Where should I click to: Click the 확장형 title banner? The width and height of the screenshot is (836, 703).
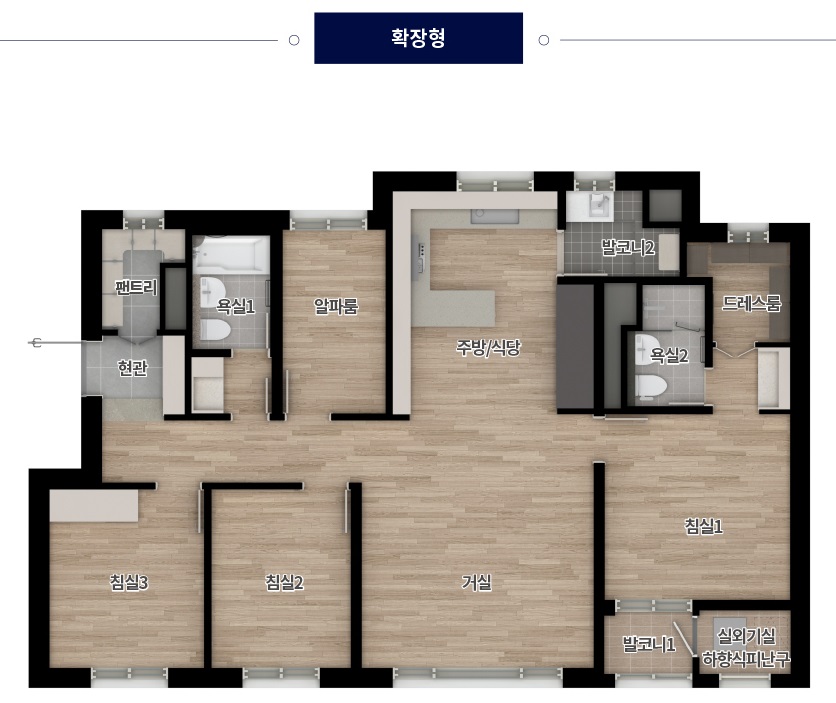(418, 38)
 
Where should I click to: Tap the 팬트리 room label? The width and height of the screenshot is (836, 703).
(136, 288)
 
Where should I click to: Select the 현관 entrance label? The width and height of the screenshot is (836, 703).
(132, 368)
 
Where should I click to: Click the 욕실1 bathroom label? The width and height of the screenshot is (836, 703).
(235, 306)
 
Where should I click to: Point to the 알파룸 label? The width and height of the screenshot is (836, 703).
(336, 306)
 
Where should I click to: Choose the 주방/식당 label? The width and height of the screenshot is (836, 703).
(488, 348)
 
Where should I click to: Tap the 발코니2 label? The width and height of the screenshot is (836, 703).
(628, 247)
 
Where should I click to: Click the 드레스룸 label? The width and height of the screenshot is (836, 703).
(751, 304)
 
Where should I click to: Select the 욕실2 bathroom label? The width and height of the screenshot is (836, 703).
(669, 355)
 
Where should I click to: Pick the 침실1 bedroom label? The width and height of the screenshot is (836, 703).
(704, 527)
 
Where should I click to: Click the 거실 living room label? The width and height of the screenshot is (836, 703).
(477, 583)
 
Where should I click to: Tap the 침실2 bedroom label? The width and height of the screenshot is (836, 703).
(284, 583)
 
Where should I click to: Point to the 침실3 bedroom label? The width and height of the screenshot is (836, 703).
(128, 583)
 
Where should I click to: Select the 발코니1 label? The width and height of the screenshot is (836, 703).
(649, 644)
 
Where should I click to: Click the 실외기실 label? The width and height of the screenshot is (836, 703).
(746, 636)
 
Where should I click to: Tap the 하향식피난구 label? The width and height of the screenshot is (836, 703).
(746, 660)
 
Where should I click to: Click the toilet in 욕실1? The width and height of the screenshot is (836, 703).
(215, 330)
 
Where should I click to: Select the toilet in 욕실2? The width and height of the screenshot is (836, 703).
(651, 386)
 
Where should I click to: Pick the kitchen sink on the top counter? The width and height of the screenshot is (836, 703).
(494, 216)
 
